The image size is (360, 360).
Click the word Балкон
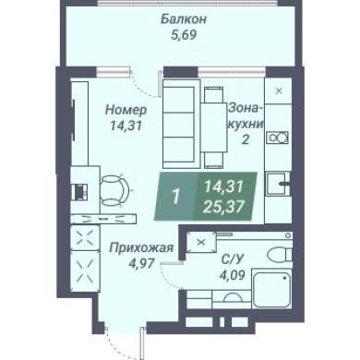tap(184, 19)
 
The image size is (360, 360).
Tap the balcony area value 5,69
tap(184, 35)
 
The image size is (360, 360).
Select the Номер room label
tap(126, 110)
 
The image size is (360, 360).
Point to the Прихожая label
tap(142, 247)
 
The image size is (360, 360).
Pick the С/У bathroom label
tap(233, 259)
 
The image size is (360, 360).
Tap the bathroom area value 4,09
tap(233, 275)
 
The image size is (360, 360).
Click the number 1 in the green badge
tap(175, 197)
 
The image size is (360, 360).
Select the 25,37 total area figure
tap(223, 207)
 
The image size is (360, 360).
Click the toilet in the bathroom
tap(280, 255)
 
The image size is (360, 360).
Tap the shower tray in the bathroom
tap(271, 288)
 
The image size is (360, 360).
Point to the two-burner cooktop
tap(278, 138)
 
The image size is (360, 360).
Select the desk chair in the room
tap(114, 190)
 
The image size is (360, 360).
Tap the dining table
tap(214, 126)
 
